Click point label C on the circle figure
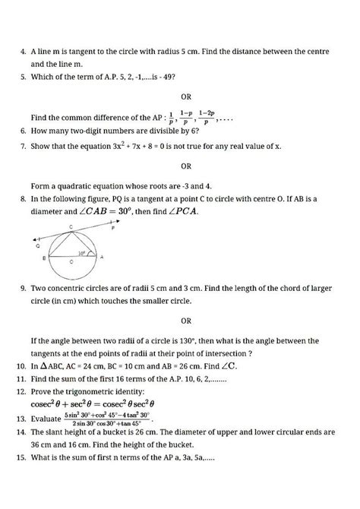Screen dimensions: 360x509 71,227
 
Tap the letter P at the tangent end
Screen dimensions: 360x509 112,226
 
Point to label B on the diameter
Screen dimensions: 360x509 44,259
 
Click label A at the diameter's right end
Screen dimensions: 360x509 101,258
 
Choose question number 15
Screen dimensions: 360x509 21,459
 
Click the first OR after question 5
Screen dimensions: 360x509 186,97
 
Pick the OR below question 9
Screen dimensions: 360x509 186,321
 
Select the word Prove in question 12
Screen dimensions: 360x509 43,391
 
